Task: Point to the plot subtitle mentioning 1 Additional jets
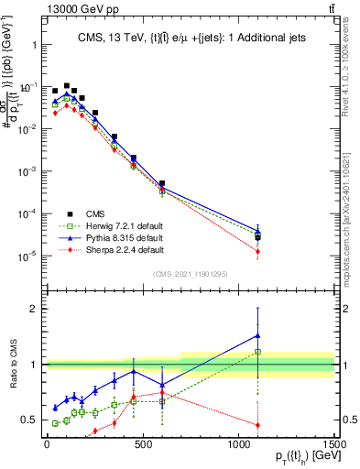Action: (x=190, y=38)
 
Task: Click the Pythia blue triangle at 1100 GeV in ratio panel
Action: (x=257, y=335)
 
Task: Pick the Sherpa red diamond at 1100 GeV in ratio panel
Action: (x=257, y=425)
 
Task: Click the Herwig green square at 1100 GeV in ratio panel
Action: (x=257, y=352)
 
